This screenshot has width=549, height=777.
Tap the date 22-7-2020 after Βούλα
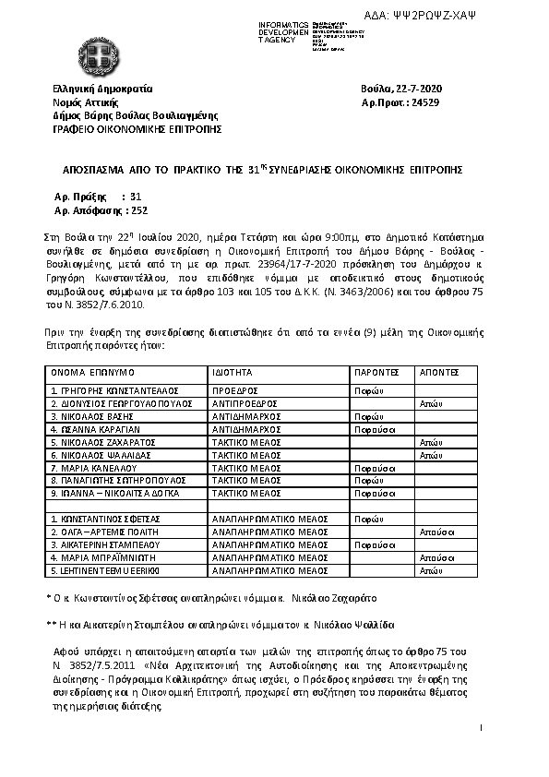click(419, 89)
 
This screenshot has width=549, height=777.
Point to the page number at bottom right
click(483, 729)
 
